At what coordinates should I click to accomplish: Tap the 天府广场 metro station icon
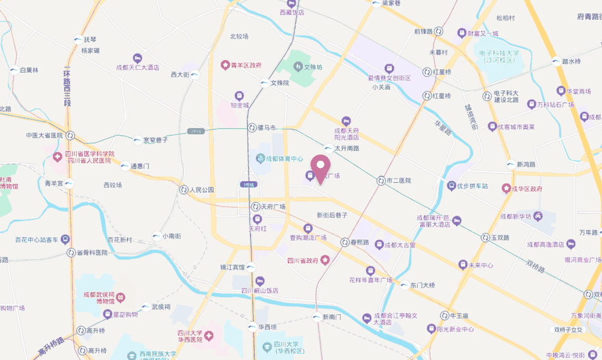tap(256, 206)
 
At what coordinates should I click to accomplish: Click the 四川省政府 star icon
tap(325, 260)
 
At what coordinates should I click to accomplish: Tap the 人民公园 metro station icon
tap(183, 190)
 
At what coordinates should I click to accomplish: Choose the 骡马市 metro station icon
tap(252, 128)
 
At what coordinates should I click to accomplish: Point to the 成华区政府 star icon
tap(506, 189)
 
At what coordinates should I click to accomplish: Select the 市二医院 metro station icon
tap(380, 181)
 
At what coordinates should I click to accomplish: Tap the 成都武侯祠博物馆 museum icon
tap(120, 298)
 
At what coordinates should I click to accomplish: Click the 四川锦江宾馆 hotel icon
tap(259, 281)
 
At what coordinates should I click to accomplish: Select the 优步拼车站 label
tap(472, 186)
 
